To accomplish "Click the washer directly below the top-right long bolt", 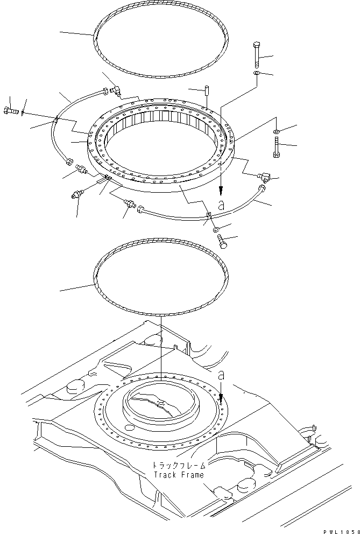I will coord(257,73).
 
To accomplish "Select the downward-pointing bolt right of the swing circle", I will coord(277,146).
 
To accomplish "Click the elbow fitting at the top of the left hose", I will coord(115,90).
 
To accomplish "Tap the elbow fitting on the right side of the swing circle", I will coord(263,174).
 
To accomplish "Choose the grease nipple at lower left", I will coord(76,196).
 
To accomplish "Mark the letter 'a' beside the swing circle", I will coord(220,205).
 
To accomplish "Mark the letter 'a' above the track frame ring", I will coord(221,375).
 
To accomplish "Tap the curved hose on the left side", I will coord(58,129).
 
